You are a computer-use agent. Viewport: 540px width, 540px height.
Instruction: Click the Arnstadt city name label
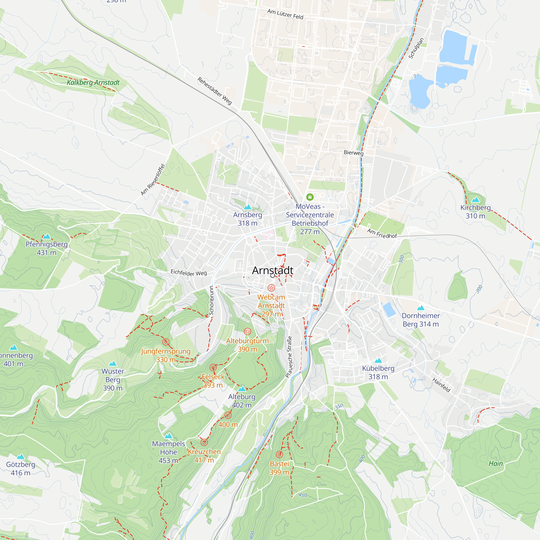pos(272,270)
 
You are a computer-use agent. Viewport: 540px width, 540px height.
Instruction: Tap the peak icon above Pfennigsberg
pos(47,237)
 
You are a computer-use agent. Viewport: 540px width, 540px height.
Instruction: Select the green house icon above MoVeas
pos(310,197)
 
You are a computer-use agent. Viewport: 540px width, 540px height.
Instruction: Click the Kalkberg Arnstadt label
pos(93,82)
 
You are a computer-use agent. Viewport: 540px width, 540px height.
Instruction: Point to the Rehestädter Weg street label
pos(215,91)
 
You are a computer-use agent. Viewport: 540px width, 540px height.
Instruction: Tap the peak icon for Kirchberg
pos(475,200)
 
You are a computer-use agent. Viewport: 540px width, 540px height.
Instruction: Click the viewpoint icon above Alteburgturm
pos(247,332)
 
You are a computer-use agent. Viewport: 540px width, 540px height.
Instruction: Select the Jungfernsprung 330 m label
pos(166,355)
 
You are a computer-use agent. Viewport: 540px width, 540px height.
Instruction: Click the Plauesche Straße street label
pos(289,357)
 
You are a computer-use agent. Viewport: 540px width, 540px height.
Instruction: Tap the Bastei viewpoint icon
pos(279,454)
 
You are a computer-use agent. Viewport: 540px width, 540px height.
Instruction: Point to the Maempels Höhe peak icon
pos(168,436)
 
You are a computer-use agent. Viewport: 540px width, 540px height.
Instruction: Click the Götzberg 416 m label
pos(21,468)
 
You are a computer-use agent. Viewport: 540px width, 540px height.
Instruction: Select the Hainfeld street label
pos(441,385)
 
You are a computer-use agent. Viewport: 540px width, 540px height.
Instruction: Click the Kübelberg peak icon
pos(378,360)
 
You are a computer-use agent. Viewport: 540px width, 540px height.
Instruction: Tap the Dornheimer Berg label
pos(421,320)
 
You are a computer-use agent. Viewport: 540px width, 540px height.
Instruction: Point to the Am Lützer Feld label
pos(285,14)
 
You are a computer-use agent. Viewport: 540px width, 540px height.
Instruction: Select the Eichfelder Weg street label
pos(189,272)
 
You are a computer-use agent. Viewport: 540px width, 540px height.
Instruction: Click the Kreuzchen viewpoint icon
pos(204,442)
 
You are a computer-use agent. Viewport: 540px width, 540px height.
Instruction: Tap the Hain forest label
pos(495,463)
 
